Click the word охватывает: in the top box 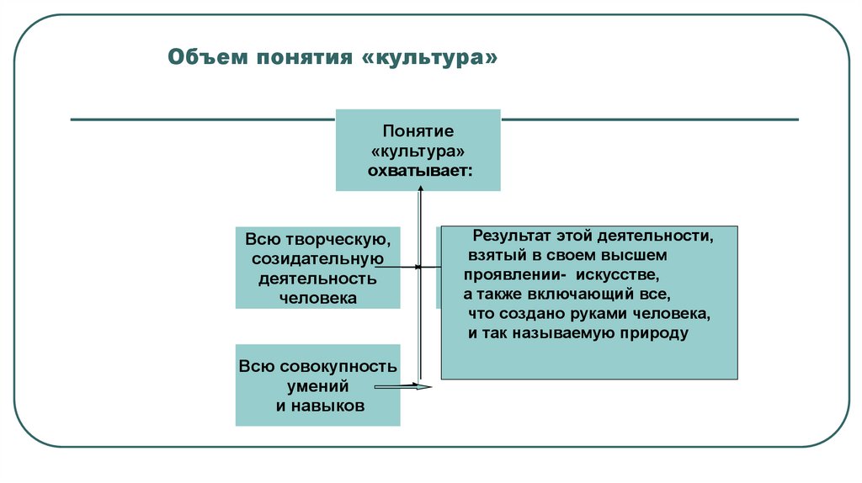pyautogui.click(x=418, y=172)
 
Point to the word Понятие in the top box pyautogui.click(x=418, y=132)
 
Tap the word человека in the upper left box pyautogui.click(x=318, y=297)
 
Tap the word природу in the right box pyautogui.click(x=651, y=333)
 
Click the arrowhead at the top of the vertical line pyautogui.click(x=419, y=193)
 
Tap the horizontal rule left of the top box pyautogui.click(x=202, y=119)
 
